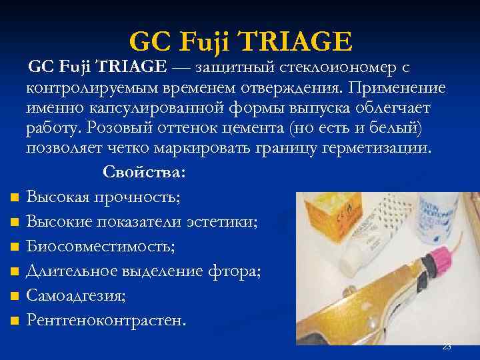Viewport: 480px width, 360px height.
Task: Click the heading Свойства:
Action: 144,172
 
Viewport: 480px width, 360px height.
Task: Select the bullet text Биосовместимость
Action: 101,247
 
